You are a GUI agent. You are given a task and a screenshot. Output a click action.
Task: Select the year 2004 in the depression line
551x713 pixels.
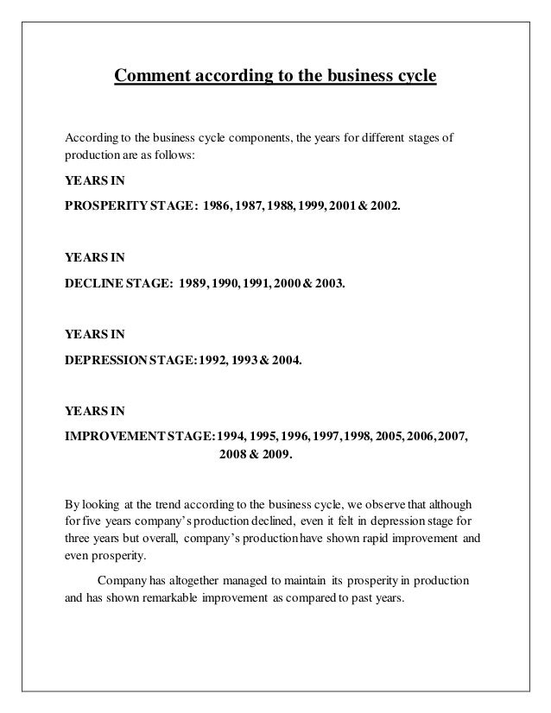click(x=286, y=352)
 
